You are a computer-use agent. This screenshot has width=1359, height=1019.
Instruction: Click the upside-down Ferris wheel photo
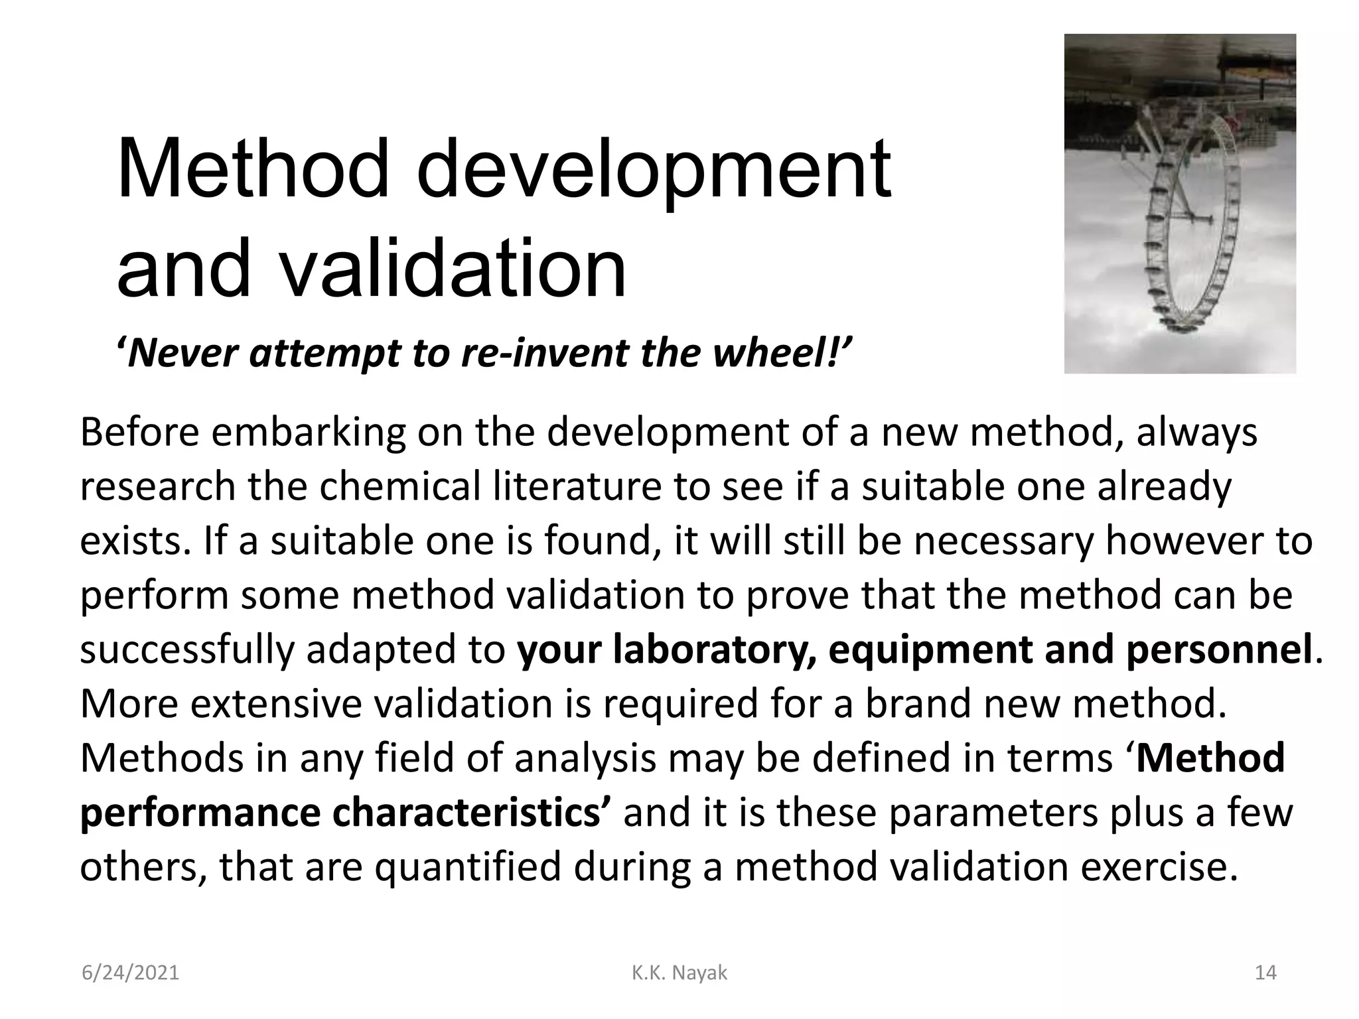coord(1179,203)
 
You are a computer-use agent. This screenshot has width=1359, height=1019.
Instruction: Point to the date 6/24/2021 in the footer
coord(130,973)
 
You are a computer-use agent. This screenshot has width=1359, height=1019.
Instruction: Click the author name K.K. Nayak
coord(679,973)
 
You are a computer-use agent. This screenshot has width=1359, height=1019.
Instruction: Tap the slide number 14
coord(1265,973)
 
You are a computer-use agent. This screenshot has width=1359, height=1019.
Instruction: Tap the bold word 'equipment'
coord(931,649)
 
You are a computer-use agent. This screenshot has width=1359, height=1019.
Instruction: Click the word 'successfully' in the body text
coord(186,649)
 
